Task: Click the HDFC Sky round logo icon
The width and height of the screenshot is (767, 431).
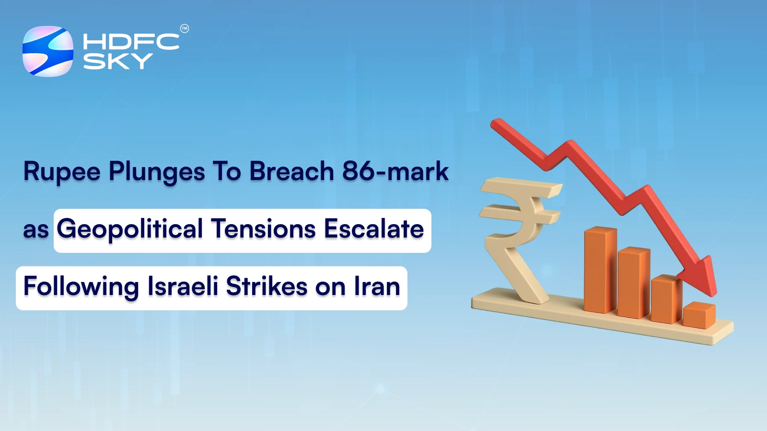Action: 48,51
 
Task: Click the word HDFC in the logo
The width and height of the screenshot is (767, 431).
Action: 131,42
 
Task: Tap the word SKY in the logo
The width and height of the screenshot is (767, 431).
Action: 118,61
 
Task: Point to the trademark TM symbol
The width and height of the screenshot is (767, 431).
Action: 184,29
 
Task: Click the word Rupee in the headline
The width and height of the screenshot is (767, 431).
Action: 62,171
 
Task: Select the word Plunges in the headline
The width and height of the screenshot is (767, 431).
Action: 157,171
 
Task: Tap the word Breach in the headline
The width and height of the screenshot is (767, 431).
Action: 291,171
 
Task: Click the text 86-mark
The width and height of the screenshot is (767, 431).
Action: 395,171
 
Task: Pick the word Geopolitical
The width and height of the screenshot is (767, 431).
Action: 129,229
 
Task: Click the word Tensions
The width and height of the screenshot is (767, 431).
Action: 263,229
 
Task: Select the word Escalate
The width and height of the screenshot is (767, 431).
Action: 374,229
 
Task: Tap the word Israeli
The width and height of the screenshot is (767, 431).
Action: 183,287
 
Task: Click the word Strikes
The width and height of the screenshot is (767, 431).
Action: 266,287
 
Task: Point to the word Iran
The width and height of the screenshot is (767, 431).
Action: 377,287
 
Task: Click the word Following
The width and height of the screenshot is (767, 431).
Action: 81,287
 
